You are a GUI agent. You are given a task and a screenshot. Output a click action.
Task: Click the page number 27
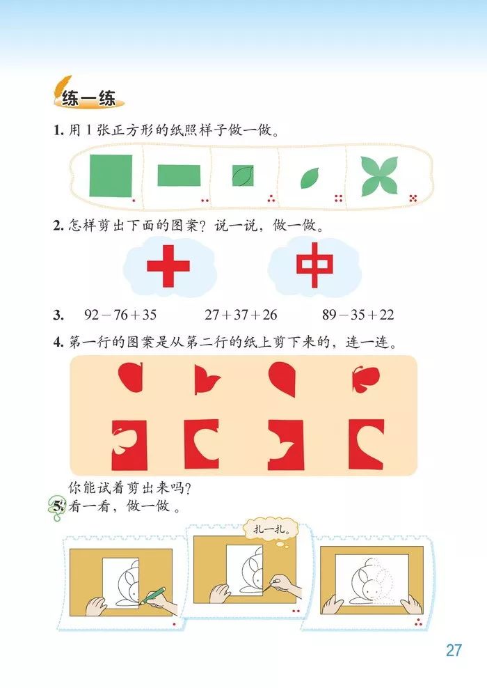[x=454, y=650]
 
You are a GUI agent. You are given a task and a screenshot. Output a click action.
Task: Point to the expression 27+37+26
[x=241, y=315]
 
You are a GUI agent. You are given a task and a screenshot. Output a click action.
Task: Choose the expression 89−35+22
[x=358, y=315]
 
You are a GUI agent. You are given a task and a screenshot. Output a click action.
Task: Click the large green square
[x=111, y=175]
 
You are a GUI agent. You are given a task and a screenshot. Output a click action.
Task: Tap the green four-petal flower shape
[x=380, y=176]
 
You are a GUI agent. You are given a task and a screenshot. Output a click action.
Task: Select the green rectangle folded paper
[x=179, y=175]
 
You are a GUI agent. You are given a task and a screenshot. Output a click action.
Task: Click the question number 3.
[x=58, y=315]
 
